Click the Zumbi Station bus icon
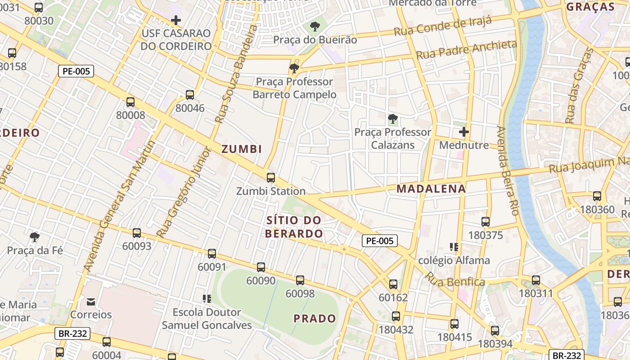tap(270, 178)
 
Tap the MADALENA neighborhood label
tap(431, 189)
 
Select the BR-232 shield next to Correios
tap(72, 333)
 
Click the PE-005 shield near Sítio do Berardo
tap(380, 241)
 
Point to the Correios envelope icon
tap(91, 301)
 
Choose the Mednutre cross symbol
tap(463, 132)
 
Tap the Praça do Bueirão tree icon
tap(315, 27)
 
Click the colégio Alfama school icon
tap(454, 247)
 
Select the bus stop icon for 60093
tap(137, 233)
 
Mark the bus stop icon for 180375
tap(485, 222)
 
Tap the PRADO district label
tap(315, 319)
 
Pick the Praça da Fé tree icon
tap(34, 237)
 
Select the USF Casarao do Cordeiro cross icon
tap(176, 20)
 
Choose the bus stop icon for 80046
tap(190, 95)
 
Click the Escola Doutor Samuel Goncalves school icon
tap(207, 298)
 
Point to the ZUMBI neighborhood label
tap(242, 149)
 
